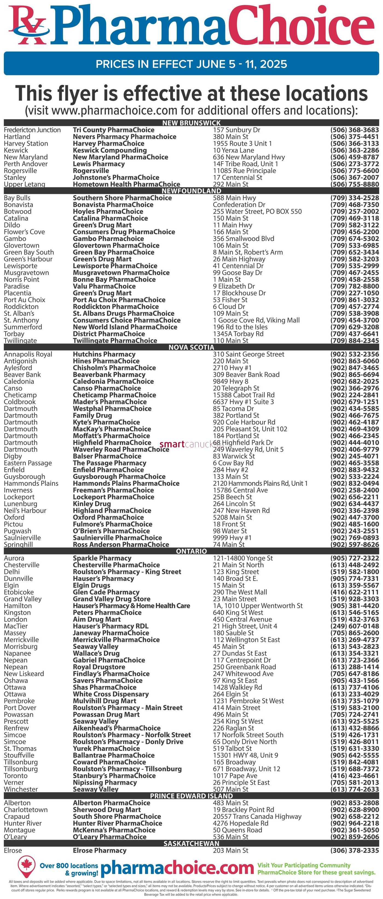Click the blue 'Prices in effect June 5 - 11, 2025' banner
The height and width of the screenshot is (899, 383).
[x=191, y=64]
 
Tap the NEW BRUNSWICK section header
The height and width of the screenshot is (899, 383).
[x=191, y=123]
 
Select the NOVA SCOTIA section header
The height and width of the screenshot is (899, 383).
[x=191, y=347]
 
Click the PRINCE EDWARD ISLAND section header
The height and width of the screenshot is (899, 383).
[x=191, y=796]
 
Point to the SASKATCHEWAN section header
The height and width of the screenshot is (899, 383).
[x=191, y=843]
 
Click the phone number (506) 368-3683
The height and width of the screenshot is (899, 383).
[x=355, y=130]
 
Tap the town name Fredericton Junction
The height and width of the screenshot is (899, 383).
[x=32, y=130]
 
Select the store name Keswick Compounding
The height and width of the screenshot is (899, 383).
[x=110, y=150]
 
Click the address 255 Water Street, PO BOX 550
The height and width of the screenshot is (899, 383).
[x=257, y=211]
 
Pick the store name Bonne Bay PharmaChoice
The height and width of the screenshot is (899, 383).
[x=114, y=279]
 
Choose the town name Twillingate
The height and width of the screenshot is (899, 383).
[x=20, y=340]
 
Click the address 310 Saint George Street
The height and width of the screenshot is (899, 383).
[x=248, y=354]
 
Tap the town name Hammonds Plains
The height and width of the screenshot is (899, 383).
[x=31, y=483]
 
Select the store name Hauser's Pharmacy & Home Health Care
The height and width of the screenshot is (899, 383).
[x=131, y=605]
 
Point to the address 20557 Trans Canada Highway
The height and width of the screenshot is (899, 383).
[x=257, y=816]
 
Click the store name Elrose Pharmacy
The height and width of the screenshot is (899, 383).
[x=99, y=851]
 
